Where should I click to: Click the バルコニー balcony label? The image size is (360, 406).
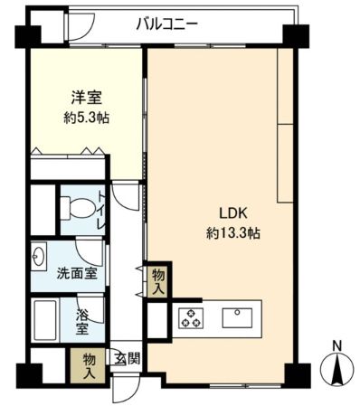[x=166, y=24]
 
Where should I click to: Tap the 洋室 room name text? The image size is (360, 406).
[x=87, y=98]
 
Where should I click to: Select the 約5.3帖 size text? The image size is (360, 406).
[x=86, y=118]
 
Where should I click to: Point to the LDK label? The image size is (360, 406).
[x=233, y=213]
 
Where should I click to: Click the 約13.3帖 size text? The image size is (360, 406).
[x=233, y=233]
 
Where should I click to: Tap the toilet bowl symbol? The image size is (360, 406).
[x=78, y=207]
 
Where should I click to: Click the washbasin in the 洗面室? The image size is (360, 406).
[x=39, y=256]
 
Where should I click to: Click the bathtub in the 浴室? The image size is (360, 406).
[x=45, y=320]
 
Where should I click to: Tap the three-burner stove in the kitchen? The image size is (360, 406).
[x=191, y=318]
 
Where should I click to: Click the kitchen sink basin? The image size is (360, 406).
[x=237, y=318]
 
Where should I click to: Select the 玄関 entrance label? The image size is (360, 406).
[x=127, y=359]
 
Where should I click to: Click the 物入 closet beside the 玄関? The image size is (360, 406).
[x=88, y=366]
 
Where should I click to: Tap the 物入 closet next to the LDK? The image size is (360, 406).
[x=158, y=282]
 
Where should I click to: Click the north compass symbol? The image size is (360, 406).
[x=337, y=369]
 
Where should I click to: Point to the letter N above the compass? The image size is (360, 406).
[x=337, y=345]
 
